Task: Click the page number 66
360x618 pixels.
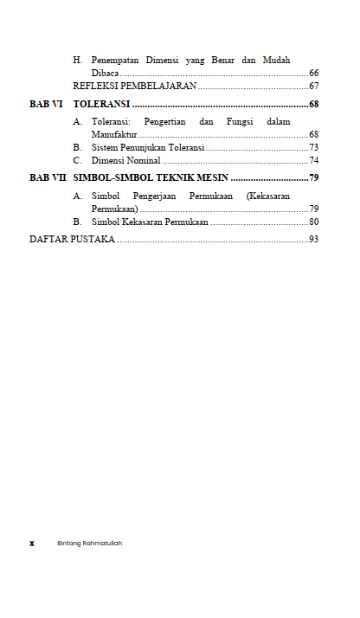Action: pos(314,74)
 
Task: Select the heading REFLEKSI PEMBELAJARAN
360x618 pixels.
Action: pos(135,87)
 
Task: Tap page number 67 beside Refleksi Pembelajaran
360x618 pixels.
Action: pos(314,87)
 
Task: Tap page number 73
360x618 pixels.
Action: pos(314,148)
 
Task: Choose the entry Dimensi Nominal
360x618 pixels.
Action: pos(125,160)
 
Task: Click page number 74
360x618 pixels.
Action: pos(314,160)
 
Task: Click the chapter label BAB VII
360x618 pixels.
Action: pos(48,178)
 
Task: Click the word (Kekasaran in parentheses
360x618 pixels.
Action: pos(268,196)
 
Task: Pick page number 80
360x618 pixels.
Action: pos(314,222)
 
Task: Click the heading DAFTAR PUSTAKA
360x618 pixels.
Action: pos(72,239)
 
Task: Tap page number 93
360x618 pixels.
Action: pos(314,239)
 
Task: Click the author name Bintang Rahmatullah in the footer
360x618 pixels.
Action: pos(89,544)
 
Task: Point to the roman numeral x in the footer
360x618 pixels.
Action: pos(32,544)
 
